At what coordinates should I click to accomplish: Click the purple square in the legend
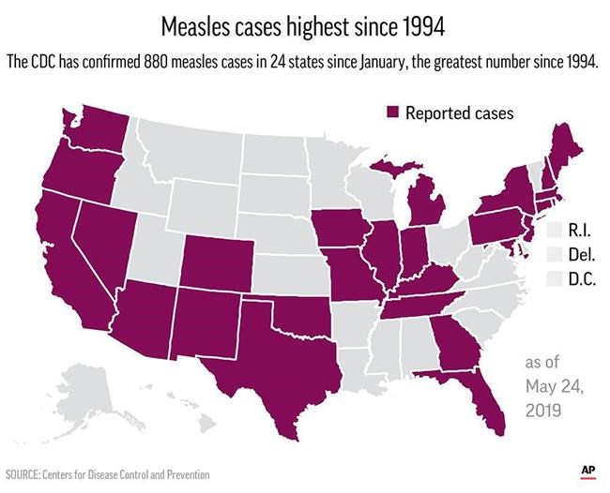click(x=394, y=113)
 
